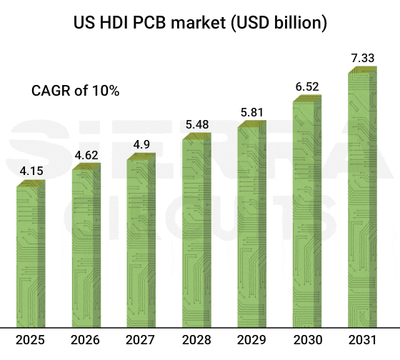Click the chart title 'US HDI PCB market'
click(200, 23)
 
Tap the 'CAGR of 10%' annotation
click(75, 91)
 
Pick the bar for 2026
click(86, 246)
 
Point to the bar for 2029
click(251, 225)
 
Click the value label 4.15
click(31, 171)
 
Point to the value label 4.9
click(141, 145)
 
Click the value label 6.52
click(307, 86)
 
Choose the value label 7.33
click(363, 57)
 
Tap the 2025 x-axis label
click(31, 341)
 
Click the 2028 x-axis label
click(196, 341)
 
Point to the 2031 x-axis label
click(363, 341)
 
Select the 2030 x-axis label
click(307, 341)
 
